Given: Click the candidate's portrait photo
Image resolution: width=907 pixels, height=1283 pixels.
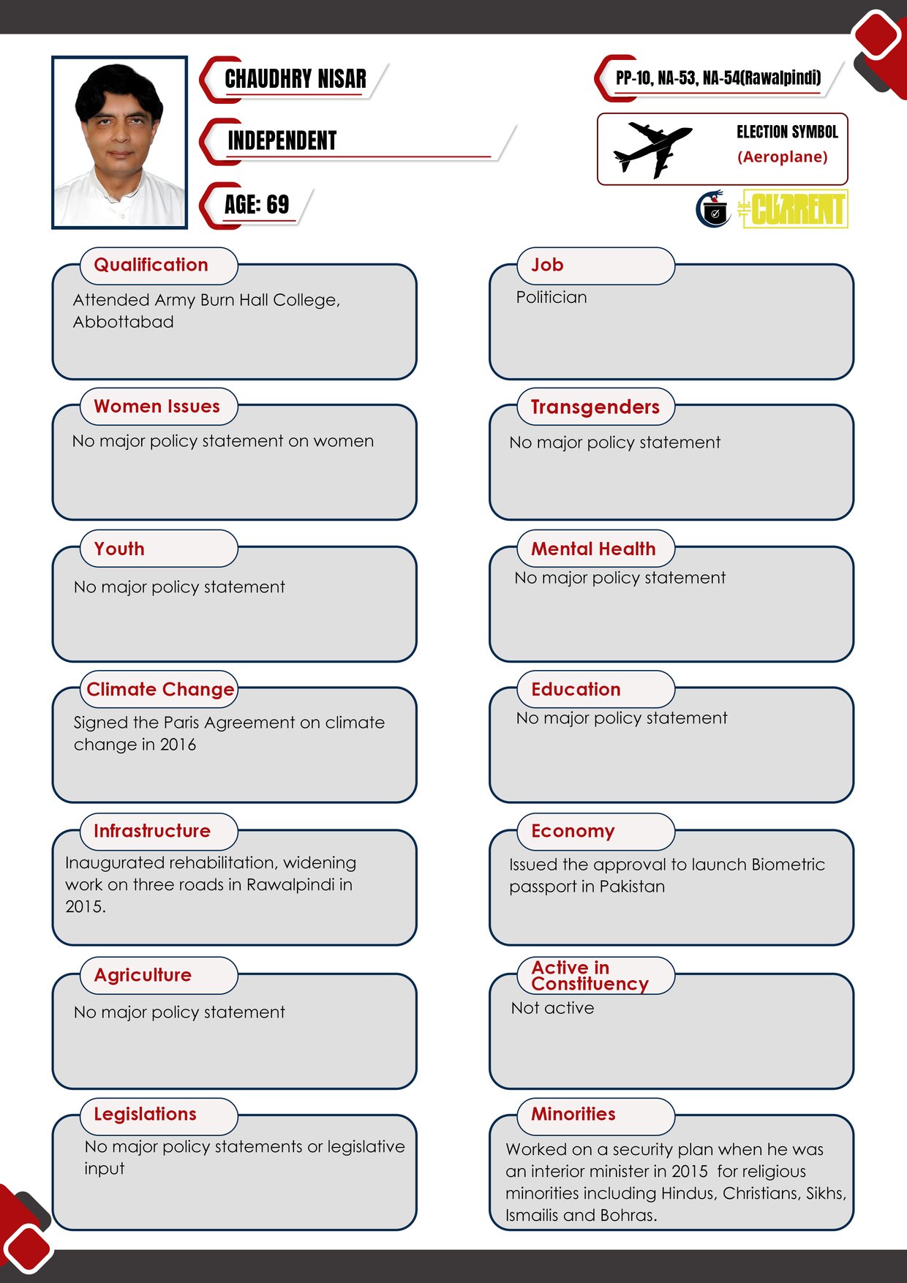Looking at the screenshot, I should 119,143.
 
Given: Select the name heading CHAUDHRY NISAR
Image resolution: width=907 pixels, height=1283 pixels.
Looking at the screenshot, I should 295,78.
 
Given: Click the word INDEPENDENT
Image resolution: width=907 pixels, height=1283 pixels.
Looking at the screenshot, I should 282,140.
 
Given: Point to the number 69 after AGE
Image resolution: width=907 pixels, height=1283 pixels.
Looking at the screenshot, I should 277,204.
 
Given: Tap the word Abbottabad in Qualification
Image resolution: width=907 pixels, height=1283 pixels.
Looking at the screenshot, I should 124,322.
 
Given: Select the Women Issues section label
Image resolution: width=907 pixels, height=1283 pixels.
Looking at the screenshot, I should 157,407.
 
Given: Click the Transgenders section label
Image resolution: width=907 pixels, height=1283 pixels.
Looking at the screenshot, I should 595,407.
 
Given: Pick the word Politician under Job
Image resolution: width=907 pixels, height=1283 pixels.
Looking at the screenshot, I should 552,297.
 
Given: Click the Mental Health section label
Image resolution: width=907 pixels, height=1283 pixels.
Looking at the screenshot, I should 593,549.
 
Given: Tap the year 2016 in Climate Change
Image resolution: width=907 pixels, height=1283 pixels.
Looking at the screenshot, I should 178,745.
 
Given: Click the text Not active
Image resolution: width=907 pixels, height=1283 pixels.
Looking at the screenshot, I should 552,1008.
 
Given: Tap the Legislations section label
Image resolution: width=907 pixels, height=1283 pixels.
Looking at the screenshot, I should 145,1114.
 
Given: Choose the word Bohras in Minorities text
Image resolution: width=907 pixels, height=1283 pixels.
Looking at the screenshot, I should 626,1215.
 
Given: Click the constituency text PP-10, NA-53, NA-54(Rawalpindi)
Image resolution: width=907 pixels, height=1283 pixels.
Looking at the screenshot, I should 718,78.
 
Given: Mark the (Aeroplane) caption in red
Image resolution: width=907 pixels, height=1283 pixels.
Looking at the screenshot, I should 782,157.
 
